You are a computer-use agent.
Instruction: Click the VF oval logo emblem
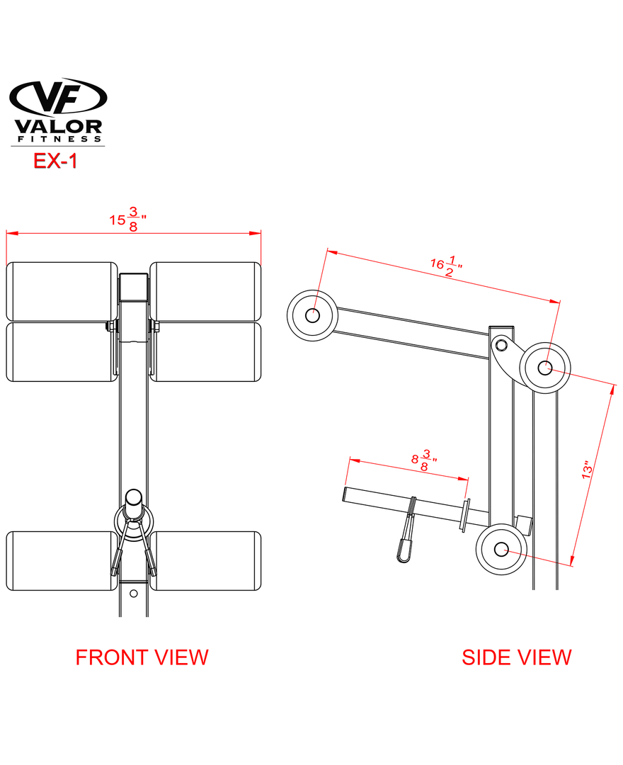click(x=57, y=98)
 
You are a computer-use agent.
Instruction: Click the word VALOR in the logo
click(x=58, y=127)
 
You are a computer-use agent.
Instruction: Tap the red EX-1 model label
click(x=55, y=161)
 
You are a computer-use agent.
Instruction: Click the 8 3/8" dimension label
click(x=424, y=460)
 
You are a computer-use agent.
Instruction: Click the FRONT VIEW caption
click(x=142, y=657)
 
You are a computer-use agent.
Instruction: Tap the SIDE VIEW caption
click(x=516, y=657)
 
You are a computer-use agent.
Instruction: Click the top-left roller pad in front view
click(x=62, y=291)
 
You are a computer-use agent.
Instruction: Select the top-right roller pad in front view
click(x=206, y=291)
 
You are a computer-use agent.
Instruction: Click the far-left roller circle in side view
click(x=311, y=314)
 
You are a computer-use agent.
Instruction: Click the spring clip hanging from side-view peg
click(x=405, y=538)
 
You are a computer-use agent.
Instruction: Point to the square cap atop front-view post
click(x=134, y=287)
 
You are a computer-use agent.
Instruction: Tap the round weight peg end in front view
click(x=134, y=497)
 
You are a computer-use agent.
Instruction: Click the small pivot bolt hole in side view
click(x=502, y=345)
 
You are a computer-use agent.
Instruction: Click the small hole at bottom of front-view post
click(x=134, y=594)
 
